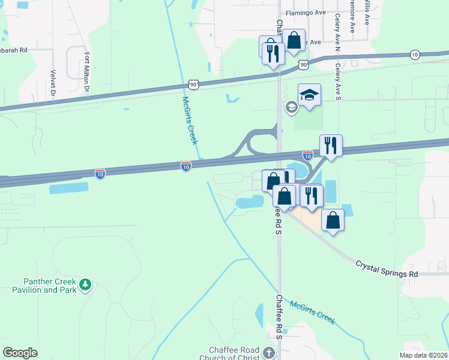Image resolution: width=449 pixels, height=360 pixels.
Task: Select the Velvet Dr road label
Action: (x=52, y=83)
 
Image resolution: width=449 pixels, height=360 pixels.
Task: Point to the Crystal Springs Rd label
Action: (x=387, y=268)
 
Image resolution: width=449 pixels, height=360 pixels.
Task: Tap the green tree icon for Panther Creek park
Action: (x=85, y=284)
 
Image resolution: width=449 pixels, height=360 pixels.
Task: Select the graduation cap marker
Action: (x=309, y=95)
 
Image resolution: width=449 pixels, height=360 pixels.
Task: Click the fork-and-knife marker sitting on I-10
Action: (x=330, y=146)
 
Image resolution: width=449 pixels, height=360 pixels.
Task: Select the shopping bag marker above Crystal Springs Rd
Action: (x=333, y=220)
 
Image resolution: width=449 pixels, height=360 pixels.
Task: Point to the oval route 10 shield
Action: (x=415, y=55)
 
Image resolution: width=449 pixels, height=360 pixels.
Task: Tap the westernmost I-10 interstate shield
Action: (x=100, y=173)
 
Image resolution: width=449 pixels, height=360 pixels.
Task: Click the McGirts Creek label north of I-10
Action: (x=190, y=120)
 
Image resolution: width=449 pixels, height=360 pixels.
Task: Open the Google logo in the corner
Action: (x=20, y=353)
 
